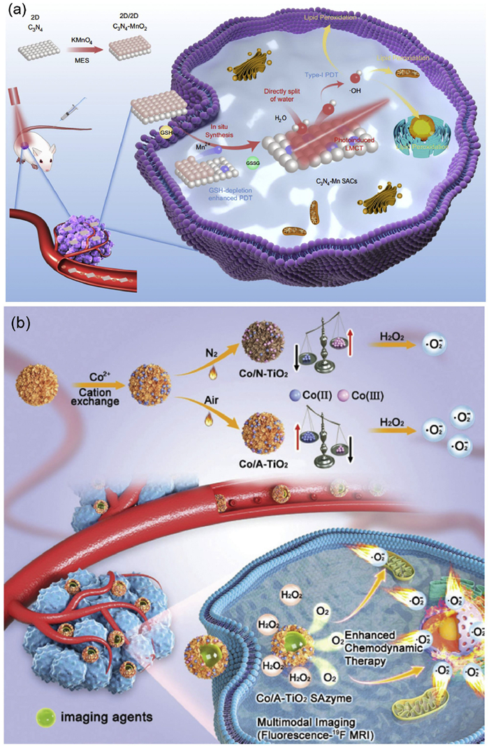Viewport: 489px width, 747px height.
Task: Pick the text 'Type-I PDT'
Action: tap(323, 73)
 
